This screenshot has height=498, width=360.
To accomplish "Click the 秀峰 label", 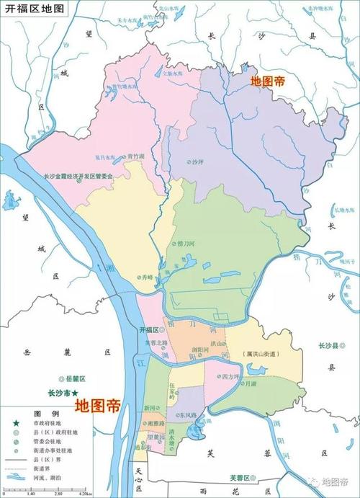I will (148, 276).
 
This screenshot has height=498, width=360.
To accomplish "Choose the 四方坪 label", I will (230, 377).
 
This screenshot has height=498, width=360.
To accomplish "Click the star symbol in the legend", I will (14, 424).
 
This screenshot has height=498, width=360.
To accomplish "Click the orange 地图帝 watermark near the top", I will (267, 82).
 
